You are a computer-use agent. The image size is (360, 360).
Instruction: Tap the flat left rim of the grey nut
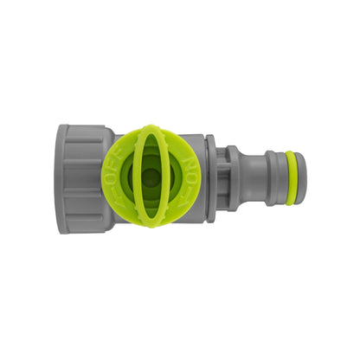[x=61, y=178]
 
